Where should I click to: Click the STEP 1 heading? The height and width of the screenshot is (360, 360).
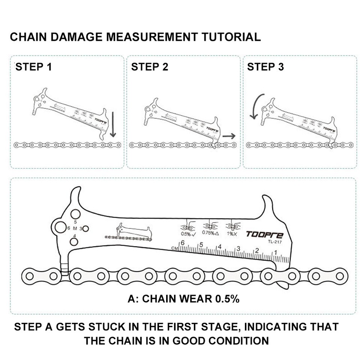coord(34,67)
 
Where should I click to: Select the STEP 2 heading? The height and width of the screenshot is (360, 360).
coord(150,67)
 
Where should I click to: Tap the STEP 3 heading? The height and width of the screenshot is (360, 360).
coord(265,67)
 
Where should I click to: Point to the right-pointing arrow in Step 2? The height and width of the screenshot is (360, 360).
coord(229,136)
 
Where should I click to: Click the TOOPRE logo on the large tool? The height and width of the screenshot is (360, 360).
coord(264,235)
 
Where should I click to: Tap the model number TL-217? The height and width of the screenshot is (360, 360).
coord(275,242)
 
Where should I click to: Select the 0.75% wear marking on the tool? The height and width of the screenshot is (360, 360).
coord(210,233)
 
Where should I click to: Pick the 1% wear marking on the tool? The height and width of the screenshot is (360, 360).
coord(232,234)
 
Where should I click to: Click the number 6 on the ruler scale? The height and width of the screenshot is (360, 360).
coord(183,243)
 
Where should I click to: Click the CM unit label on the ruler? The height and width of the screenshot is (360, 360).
coord(174,248)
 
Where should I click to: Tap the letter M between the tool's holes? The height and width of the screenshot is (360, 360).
coord(75,228)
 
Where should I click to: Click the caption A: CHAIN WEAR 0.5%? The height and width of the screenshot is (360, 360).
coord(183,299)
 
